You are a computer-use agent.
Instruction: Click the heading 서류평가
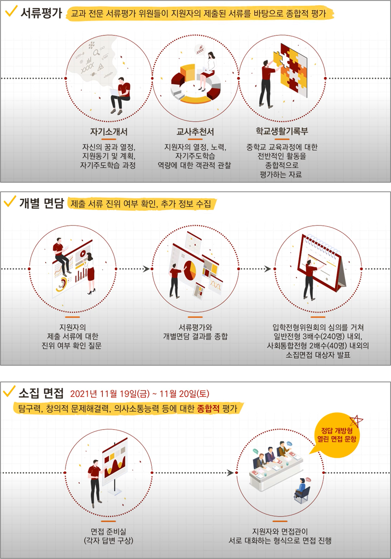tap(41, 13)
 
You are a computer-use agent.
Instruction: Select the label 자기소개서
tap(109, 132)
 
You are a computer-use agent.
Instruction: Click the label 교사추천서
tap(195, 132)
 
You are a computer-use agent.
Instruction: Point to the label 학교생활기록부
tap(282, 131)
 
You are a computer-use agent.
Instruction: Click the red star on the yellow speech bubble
tap(356, 421)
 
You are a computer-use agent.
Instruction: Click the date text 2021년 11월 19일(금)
tap(110, 393)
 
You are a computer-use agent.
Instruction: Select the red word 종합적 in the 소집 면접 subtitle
tap(208, 408)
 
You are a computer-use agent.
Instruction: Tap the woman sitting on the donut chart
tap(207, 71)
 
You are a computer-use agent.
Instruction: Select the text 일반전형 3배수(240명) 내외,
tap(318, 337)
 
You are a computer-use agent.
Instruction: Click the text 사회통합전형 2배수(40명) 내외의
tap(318, 346)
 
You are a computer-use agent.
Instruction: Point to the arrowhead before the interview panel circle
tap(230, 473)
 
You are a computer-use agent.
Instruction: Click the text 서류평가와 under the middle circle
tap(195, 327)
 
